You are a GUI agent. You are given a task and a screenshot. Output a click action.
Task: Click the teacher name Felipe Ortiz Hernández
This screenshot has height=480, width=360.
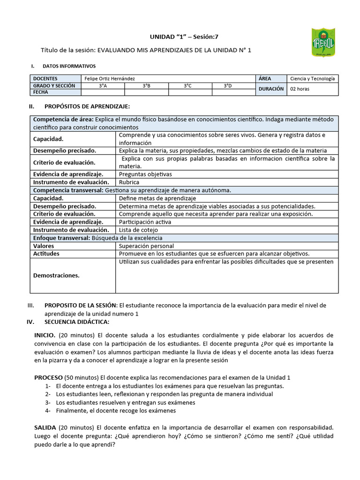point(111,79)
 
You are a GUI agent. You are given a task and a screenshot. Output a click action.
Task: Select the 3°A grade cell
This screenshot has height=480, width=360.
point(103,86)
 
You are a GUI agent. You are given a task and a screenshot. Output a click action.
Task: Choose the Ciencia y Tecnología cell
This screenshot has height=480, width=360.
point(312,79)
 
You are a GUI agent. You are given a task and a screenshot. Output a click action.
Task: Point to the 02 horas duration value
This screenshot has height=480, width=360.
point(300,89)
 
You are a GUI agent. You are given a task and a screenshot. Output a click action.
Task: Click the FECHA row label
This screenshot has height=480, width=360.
point(41,92)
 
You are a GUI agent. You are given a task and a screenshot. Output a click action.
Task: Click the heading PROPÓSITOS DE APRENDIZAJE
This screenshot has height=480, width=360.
point(87,107)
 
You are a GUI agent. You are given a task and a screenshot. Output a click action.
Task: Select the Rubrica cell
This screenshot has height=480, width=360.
point(129,182)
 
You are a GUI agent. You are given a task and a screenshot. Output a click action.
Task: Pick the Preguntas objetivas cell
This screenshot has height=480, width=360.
point(145,174)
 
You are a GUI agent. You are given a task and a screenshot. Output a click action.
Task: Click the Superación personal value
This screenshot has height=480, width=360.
point(146,246)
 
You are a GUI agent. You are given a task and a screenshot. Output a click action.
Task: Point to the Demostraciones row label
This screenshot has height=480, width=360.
point(56,275)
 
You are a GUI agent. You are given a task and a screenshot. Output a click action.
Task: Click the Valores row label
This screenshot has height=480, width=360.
point(44,246)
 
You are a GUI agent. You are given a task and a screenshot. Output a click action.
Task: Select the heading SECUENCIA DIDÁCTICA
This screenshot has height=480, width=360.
point(76,322)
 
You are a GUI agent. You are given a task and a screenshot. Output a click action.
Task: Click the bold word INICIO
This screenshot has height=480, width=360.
point(45,335)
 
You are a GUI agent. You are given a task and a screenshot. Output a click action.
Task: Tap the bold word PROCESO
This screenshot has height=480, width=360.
point(48,377)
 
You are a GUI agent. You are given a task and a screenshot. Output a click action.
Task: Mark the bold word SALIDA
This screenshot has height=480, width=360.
point(45,427)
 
